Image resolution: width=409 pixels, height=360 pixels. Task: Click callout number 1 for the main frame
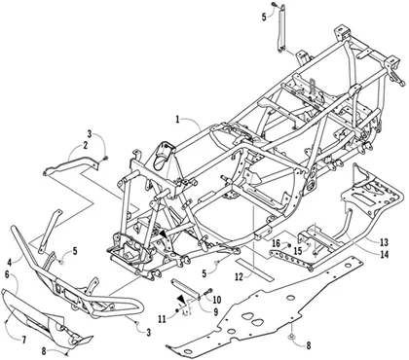click(x=178, y=120)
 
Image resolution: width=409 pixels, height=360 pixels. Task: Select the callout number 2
click(x=85, y=146)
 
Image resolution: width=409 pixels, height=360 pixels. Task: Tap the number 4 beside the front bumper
click(x=10, y=261)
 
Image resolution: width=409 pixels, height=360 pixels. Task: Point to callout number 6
click(x=7, y=274)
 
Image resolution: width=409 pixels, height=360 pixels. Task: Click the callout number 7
click(x=24, y=340)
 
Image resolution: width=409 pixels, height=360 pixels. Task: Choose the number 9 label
click(x=215, y=312)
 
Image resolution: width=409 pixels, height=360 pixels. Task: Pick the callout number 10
click(x=216, y=300)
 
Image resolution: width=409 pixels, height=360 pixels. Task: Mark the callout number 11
click(x=162, y=319)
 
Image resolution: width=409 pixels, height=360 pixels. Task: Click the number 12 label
click(x=239, y=277)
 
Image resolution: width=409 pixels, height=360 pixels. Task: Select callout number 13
click(x=384, y=242)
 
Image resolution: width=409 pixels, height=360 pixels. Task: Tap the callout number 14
click(x=384, y=255)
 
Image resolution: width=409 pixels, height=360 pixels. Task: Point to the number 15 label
click(x=298, y=251)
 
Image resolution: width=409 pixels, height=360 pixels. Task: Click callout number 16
click(x=276, y=243)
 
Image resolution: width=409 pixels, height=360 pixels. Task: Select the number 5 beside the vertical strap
click(x=264, y=17)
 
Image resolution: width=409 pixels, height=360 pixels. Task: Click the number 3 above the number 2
click(x=90, y=133)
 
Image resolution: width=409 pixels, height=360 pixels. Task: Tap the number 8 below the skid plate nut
click(x=308, y=345)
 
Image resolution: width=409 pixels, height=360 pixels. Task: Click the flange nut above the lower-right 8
click(x=292, y=336)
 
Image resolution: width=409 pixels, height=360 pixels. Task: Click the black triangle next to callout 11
click(x=181, y=299)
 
